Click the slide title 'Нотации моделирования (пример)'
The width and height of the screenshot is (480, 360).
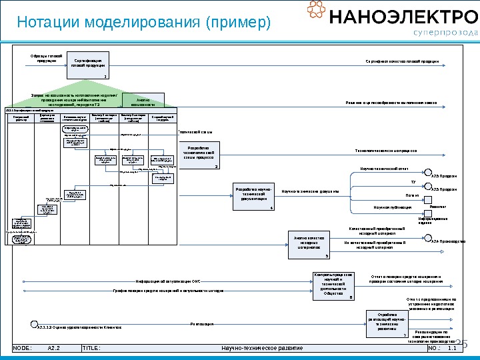[x=144, y=23]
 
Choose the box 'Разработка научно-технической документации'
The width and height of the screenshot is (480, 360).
[x=255, y=197]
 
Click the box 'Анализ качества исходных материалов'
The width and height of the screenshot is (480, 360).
[x=309, y=245]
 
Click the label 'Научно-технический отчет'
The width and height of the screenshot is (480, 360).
[x=384, y=169]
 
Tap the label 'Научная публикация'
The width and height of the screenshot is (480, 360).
[x=393, y=207]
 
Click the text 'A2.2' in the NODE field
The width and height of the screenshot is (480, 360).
[x=55, y=348]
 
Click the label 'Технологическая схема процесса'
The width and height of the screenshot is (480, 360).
[x=386, y=151]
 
